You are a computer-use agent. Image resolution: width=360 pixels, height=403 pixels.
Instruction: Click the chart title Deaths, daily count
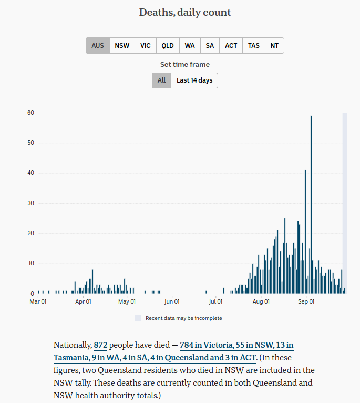(x=185, y=12)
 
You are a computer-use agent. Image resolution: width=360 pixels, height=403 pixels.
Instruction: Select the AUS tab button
(x=98, y=46)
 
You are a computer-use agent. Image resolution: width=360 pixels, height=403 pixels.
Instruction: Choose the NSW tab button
(x=122, y=46)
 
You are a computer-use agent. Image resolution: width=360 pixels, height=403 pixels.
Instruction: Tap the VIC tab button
(x=146, y=46)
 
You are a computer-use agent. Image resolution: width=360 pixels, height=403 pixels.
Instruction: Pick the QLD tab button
(x=168, y=46)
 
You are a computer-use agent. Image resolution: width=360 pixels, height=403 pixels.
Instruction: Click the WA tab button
(x=190, y=46)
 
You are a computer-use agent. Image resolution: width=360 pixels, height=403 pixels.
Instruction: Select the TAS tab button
(x=254, y=46)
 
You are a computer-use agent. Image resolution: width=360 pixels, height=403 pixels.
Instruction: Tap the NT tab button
(x=274, y=46)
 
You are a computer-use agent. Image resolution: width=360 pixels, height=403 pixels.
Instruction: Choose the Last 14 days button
(x=194, y=80)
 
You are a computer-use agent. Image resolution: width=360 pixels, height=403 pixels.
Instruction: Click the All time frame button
(x=161, y=80)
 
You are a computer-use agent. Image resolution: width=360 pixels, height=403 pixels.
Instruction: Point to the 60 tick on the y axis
(x=31, y=113)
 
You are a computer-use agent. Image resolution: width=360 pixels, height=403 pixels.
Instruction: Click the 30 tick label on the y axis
(x=31, y=203)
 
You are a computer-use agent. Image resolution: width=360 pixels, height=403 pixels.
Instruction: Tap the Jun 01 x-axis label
(x=172, y=301)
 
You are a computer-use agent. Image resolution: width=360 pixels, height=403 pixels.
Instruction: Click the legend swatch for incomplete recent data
(x=138, y=318)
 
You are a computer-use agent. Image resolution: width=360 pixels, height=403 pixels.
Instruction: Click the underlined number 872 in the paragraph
(x=100, y=346)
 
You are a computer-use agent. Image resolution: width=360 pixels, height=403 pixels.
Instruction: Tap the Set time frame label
(x=185, y=65)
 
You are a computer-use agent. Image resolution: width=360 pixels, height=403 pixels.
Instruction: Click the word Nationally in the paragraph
(x=72, y=346)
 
